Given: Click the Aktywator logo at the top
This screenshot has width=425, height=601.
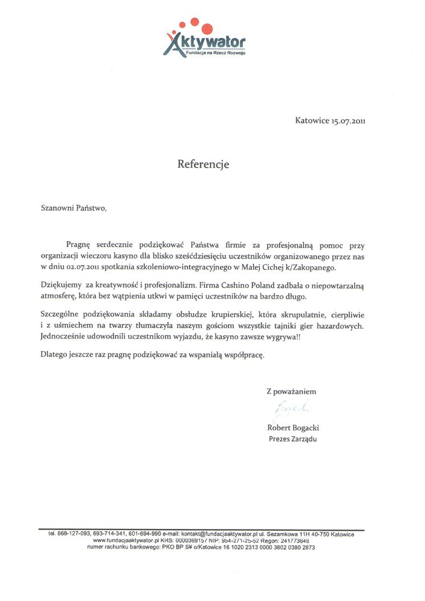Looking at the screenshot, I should point(204,38).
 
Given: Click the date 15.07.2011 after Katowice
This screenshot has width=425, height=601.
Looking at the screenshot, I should point(348,121).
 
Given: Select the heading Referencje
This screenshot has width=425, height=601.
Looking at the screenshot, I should point(203,164).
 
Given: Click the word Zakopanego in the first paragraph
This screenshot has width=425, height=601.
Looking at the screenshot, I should point(309,267).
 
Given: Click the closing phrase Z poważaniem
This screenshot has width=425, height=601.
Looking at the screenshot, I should point(291,391).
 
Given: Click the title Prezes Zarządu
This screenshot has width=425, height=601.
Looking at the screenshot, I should point(292,439).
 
